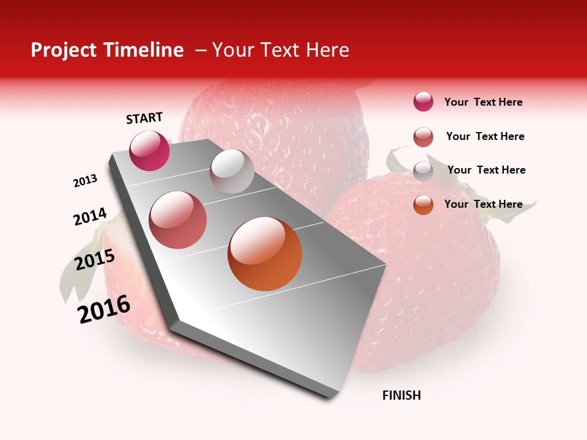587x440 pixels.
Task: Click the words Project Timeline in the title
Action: pos(107,50)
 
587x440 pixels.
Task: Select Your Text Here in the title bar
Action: pos(281,50)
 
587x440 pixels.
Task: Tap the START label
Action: pos(144,118)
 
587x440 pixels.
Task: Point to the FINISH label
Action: pos(402,395)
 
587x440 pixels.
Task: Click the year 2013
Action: pos(86,181)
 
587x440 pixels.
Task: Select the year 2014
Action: pos(90,217)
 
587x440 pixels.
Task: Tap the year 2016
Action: pos(104,309)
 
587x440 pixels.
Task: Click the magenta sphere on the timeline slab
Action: pos(149,151)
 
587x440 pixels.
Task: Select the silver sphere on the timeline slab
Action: pos(232,171)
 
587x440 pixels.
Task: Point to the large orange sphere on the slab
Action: pos(265,254)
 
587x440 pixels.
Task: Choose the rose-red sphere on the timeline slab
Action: pos(178,220)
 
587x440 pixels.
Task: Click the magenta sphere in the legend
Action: pos(423,101)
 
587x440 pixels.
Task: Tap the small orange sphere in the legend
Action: pos(423,205)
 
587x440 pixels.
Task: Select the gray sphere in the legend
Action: pos(423,171)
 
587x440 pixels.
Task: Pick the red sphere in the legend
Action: pos(423,137)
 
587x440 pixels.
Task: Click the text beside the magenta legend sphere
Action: pos(483,102)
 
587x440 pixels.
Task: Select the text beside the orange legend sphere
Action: pos(483,204)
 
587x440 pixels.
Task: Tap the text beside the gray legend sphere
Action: pos(486,170)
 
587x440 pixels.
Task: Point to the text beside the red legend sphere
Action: pos(485,136)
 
